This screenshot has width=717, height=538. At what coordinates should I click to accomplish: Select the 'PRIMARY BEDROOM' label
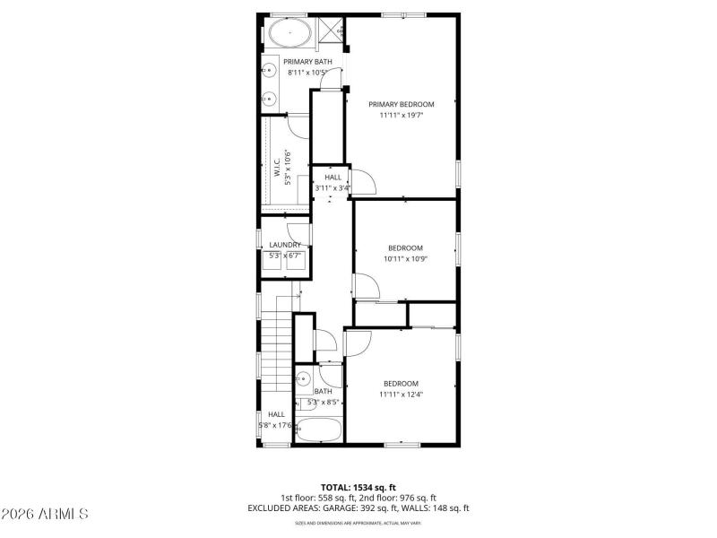point(401,104)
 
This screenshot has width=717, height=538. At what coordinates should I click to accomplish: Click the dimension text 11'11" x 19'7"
point(401,115)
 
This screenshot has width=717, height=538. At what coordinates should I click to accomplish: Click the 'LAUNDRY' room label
point(285,245)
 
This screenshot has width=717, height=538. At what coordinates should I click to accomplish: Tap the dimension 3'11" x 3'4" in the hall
point(333,188)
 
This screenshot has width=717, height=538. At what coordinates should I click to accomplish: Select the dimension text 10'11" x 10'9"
point(405,258)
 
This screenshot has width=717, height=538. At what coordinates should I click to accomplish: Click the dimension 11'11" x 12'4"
point(401,394)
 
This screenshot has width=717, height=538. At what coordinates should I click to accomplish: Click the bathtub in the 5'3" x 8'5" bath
point(318,430)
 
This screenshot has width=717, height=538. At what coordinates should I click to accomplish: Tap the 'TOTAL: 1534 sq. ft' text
point(358,487)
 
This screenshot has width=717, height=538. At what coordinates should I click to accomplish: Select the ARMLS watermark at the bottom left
point(45,515)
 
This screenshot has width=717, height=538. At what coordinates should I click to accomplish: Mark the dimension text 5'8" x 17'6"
point(274,425)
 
